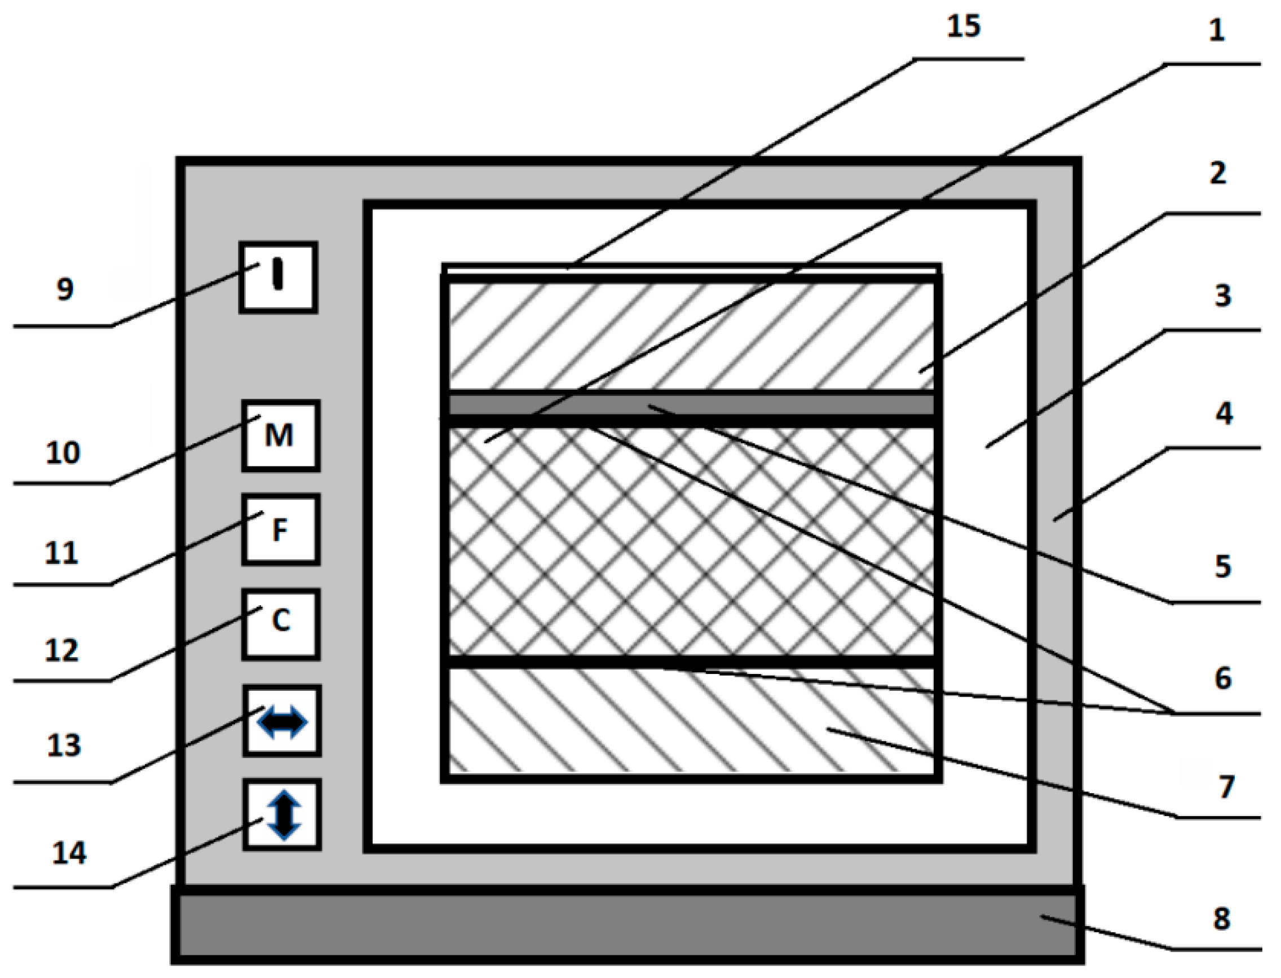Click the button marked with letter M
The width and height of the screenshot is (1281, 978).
[x=281, y=435]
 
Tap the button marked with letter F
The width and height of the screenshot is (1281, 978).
[x=281, y=529]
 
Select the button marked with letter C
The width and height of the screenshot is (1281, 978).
[x=281, y=623]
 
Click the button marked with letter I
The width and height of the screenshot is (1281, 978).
[x=278, y=277]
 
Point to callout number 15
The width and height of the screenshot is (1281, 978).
[x=964, y=27]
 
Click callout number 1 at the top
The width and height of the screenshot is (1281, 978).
[x=1216, y=30]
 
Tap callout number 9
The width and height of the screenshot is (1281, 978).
[x=65, y=289]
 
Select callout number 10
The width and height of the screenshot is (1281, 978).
[x=63, y=453]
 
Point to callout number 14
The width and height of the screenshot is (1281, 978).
[x=69, y=853]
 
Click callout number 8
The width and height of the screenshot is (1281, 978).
[x=1221, y=919]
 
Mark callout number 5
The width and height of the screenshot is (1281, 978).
[x=1223, y=566]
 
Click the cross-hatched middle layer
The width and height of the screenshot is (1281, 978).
[x=691, y=541]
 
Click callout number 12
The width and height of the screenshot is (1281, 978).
[x=61, y=650]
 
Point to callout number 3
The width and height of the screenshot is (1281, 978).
[x=1222, y=296]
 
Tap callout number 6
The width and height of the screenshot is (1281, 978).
[x=1223, y=678]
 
